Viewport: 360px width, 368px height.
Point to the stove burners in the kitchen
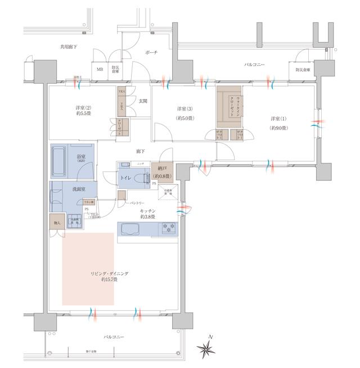click(x=168, y=228)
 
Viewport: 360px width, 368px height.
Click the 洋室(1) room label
click(x=277, y=123)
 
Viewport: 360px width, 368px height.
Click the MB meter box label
click(x=100, y=70)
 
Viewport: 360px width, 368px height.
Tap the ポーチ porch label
click(x=151, y=52)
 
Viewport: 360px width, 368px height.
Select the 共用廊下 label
click(x=69, y=48)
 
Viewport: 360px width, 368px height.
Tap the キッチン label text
click(x=147, y=211)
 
